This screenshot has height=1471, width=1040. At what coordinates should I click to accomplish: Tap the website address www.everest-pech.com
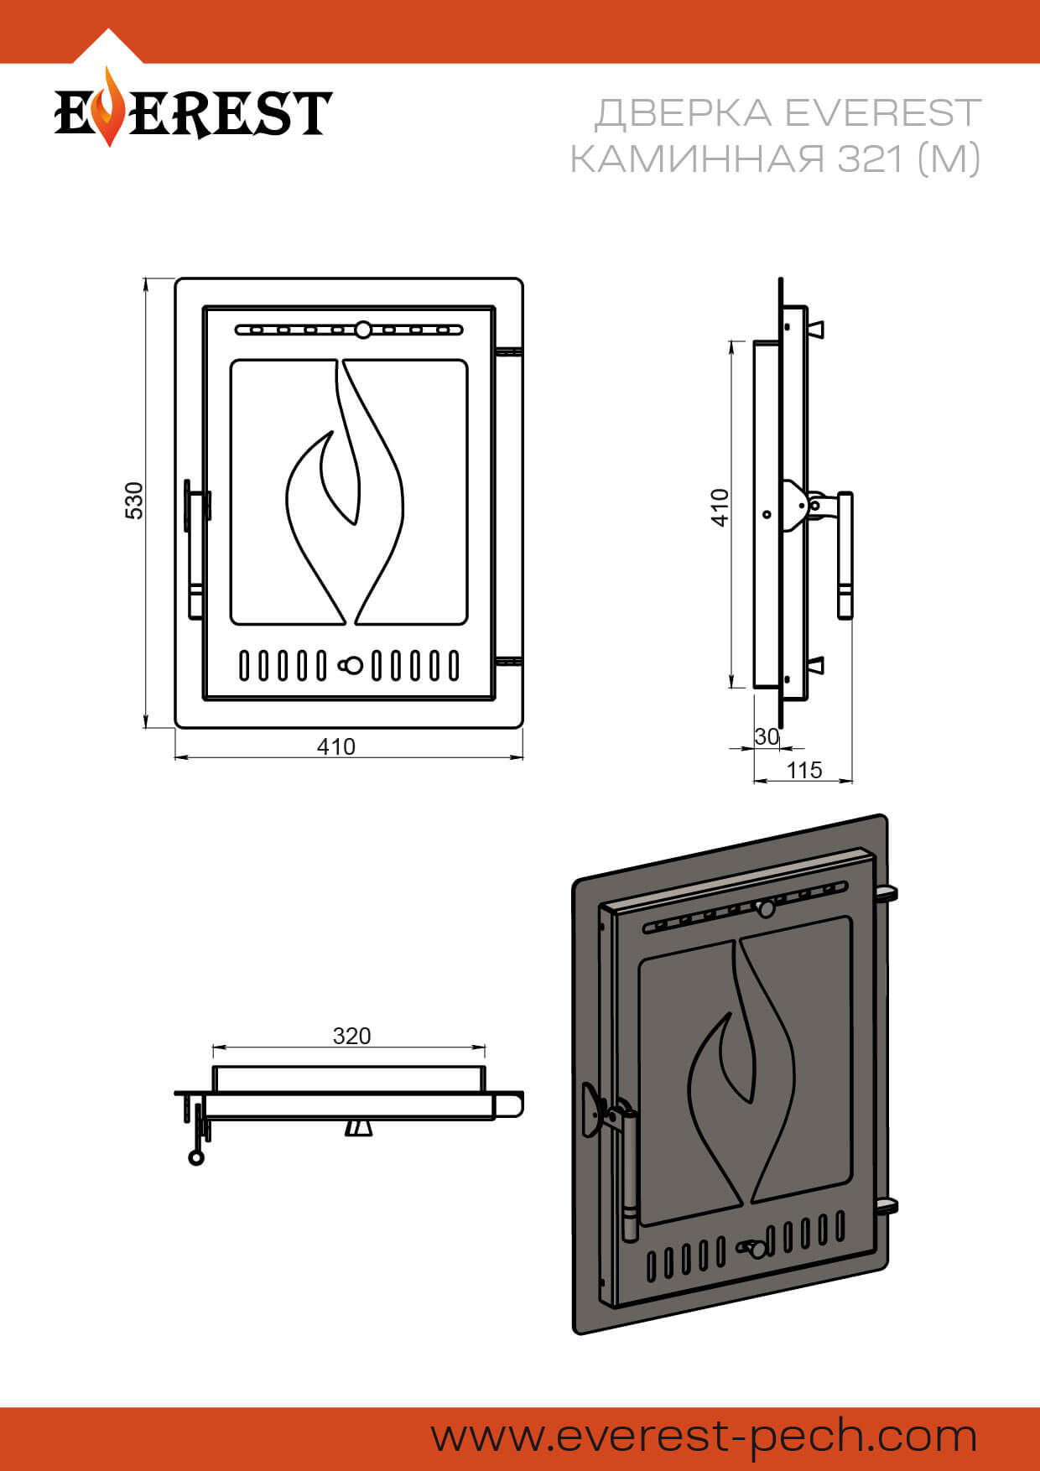pos(705,1437)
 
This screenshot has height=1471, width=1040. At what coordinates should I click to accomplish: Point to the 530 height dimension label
pos(134,501)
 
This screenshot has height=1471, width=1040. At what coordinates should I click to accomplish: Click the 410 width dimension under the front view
pos(336,746)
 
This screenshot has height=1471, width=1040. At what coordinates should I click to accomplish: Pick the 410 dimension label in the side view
pos(720,507)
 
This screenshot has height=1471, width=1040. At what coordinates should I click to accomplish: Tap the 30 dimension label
pos(767,736)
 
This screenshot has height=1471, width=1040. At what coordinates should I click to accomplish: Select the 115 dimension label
pos(804,770)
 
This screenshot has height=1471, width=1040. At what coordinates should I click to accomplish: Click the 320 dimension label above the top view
pos(351,1036)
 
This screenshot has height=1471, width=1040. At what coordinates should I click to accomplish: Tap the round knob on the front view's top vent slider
pos(363,330)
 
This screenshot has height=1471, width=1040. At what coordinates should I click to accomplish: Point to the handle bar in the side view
pos(845,555)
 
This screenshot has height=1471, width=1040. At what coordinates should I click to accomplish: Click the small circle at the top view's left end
pos(196,1158)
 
